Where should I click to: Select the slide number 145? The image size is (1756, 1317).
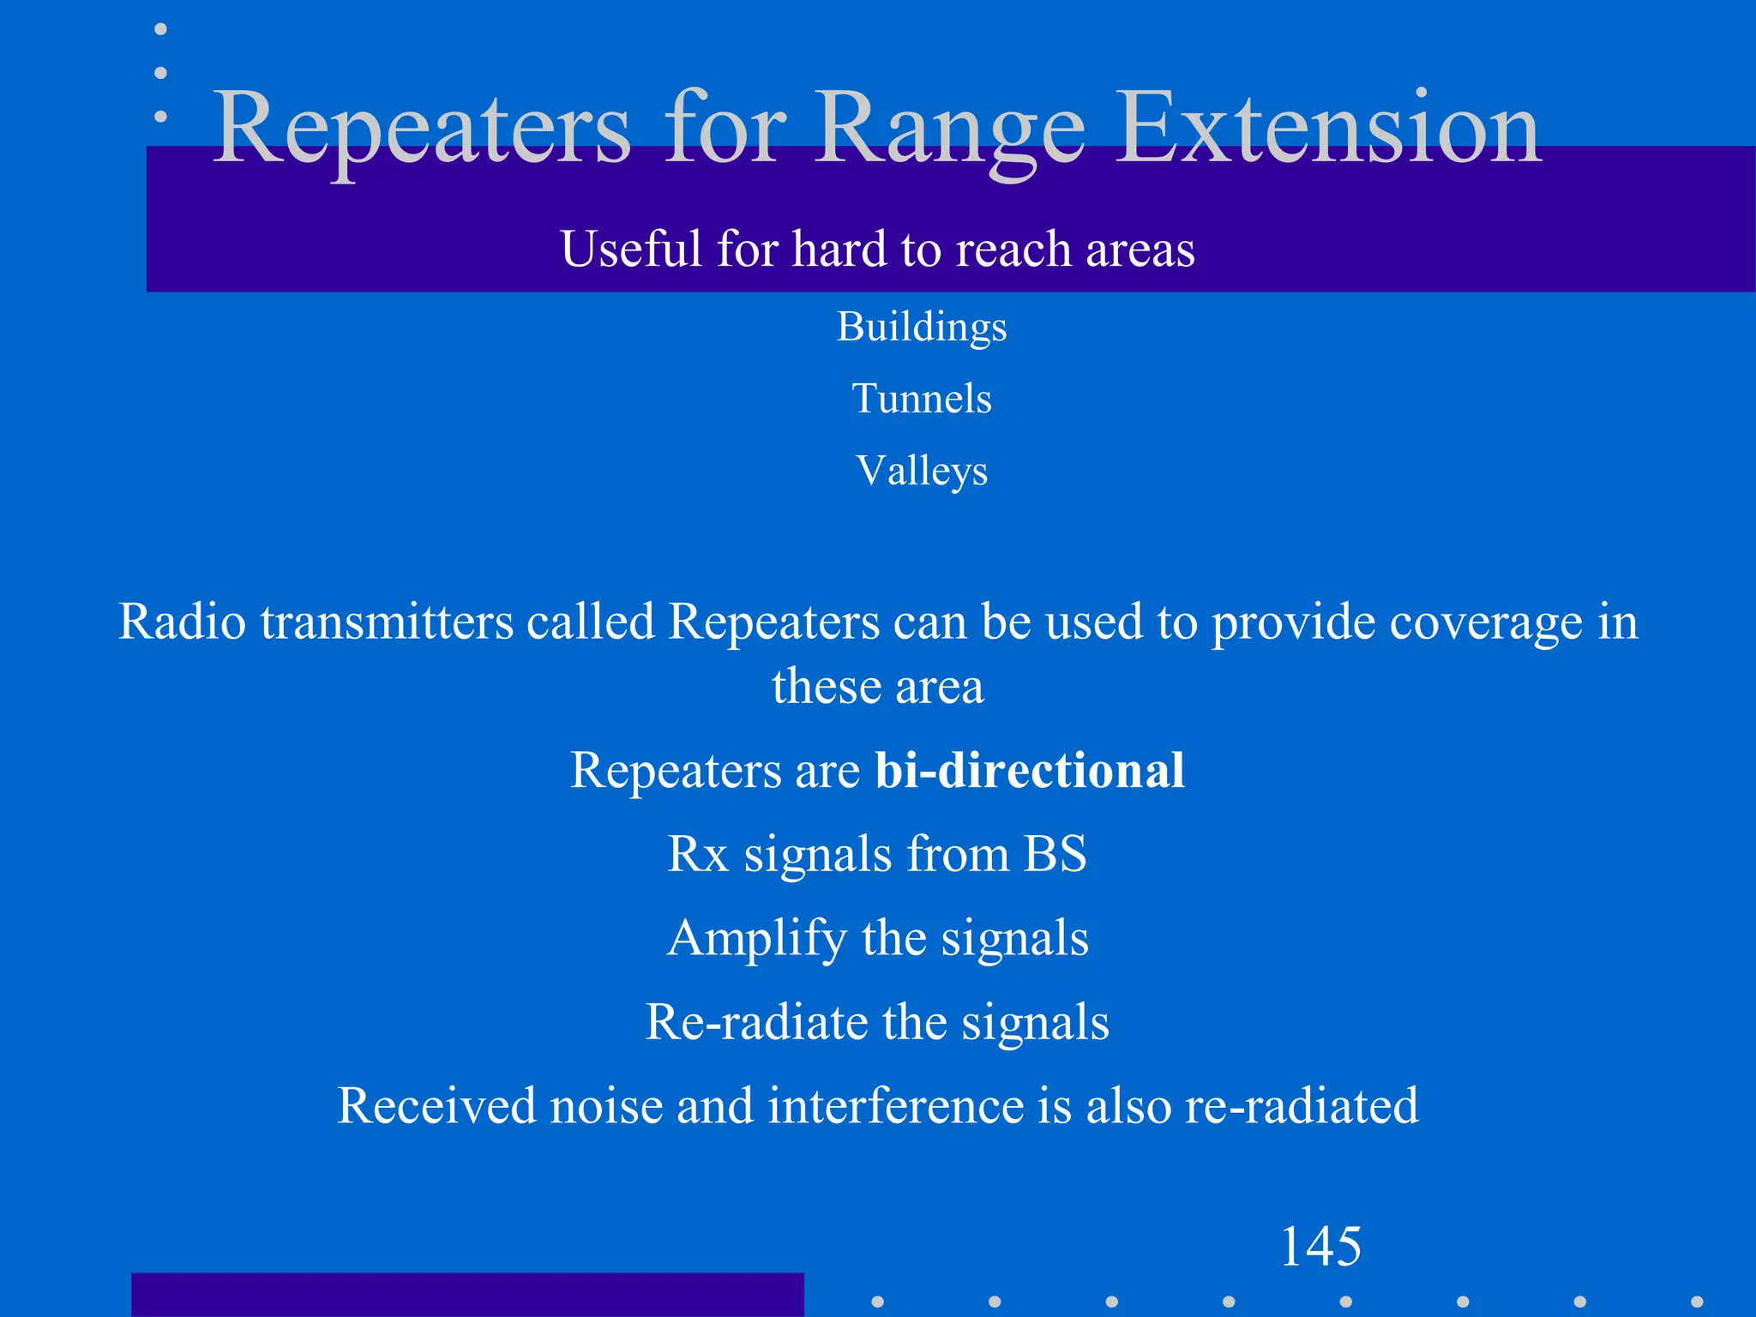[1320, 1246]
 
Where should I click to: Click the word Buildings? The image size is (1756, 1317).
[922, 328]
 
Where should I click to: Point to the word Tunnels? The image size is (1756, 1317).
[922, 399]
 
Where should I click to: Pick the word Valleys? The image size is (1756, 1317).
[922, 472]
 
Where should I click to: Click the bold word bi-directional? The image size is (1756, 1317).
[1030, 770]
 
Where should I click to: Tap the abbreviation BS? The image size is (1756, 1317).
[1055, 854]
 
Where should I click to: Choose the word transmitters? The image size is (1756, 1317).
[386, 622]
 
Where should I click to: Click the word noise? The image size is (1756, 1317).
[605, 1106]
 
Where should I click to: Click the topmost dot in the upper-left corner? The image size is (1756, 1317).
[160, 29]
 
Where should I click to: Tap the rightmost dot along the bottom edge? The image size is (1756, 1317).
[1696, 1302]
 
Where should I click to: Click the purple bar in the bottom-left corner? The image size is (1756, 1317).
[467, 1295]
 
